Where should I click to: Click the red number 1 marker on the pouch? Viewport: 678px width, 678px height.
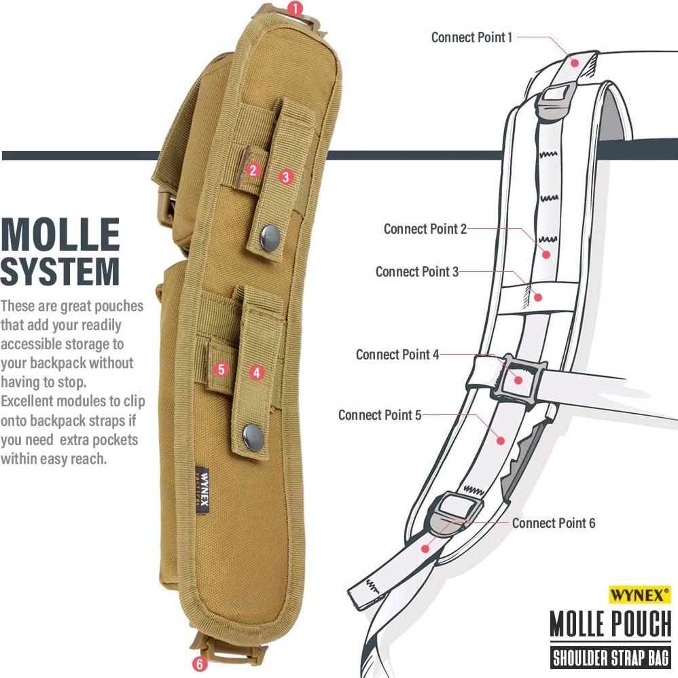294,10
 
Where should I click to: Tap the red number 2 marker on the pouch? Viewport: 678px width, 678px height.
253,171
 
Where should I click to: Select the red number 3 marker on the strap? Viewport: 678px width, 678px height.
286,177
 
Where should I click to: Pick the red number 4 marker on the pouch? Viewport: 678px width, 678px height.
256,372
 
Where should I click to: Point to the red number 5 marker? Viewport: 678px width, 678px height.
221,370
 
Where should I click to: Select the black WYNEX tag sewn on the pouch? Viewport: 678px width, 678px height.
201,490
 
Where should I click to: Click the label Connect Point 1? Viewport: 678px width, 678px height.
472,37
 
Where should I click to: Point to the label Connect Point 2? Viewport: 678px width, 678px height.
425,229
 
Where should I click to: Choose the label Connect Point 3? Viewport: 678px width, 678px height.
417,272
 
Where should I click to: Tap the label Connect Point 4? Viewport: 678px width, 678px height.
397,355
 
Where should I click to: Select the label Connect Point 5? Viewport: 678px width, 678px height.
380,414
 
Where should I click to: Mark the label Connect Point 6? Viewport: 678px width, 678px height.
554,523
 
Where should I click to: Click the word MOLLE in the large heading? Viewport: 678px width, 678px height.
61,234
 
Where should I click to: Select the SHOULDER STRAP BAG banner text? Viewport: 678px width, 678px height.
610,657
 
